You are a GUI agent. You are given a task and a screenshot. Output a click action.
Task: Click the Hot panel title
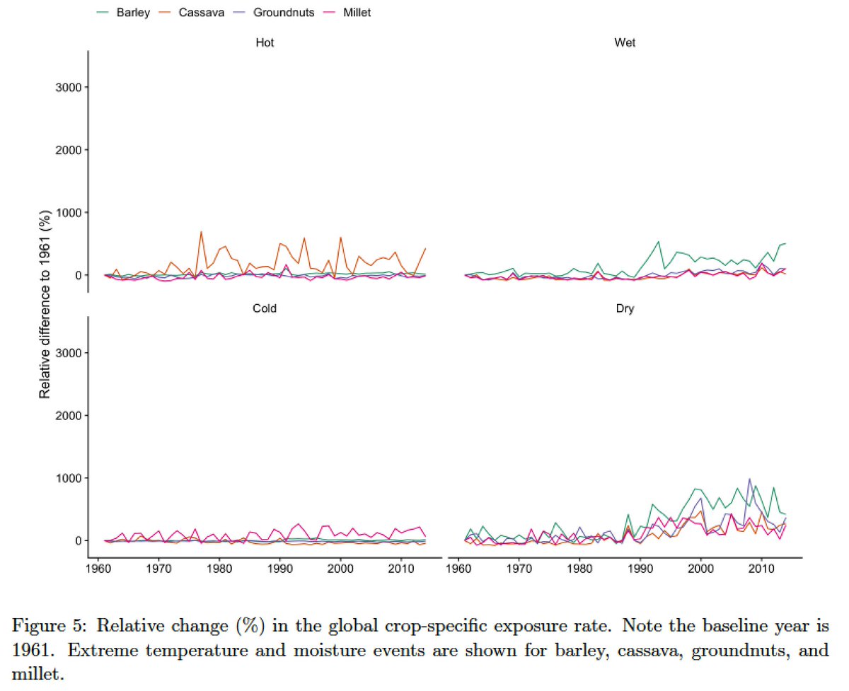[265, 43]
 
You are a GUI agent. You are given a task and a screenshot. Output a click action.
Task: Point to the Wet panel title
[625, 43]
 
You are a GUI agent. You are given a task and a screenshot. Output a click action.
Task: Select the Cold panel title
[265, 309]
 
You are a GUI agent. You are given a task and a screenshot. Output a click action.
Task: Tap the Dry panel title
[625, 309]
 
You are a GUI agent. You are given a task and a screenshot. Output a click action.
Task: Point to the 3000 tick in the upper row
[68, 87]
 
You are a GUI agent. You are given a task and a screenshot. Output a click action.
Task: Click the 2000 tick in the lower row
[68, 415]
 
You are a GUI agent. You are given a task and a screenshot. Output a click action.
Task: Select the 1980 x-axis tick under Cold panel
[219, 568]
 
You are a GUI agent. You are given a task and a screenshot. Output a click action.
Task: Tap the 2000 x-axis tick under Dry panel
[700, 568]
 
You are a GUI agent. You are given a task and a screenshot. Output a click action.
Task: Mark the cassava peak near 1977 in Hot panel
[201, 232]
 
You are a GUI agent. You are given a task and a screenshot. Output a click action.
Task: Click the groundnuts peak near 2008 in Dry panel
[749, 479]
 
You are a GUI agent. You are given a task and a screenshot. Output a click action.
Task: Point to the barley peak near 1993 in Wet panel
[659, 242]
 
